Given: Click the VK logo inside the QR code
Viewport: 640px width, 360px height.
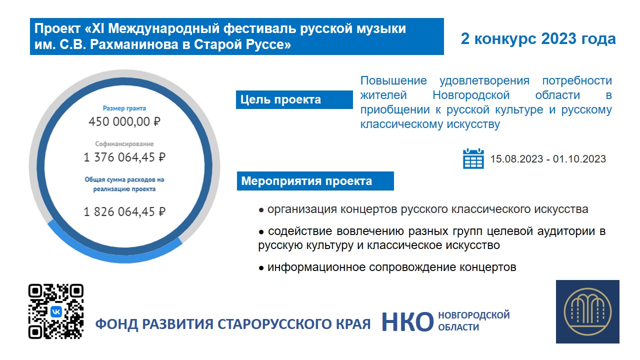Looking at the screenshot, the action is [x=56, y=311].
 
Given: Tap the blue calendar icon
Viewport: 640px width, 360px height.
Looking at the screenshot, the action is [x=473, y=158].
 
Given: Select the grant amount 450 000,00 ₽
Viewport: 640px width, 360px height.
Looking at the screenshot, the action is [x=124, y=121].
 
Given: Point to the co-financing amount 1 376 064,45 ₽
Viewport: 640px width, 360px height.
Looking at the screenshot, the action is [x=124, y=157].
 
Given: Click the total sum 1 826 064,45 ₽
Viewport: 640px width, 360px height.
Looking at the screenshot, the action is [x=124, y=211].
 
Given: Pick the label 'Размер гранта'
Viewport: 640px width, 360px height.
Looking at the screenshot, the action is [x=124, y=108].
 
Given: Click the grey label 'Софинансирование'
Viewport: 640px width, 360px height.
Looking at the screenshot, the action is [x=124, y=143].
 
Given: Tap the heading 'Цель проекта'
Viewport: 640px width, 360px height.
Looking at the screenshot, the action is [x=280, y=99].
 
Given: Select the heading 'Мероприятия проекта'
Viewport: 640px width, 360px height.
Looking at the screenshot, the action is [x=306, y=181].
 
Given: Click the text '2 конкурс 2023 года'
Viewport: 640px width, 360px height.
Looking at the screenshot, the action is [x=538, y=38].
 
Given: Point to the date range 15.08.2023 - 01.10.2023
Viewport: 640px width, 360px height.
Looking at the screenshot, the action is [x=548, y=159].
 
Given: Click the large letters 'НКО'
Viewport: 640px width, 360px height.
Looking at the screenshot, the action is [x=407, y=322].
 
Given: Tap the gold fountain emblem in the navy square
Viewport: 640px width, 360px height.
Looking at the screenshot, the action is [x=587, y=311].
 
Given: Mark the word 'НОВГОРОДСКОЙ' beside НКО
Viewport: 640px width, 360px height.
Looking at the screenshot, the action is [x=474, y=315].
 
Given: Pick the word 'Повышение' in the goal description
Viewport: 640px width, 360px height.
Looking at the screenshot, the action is [x=393, y=80].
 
